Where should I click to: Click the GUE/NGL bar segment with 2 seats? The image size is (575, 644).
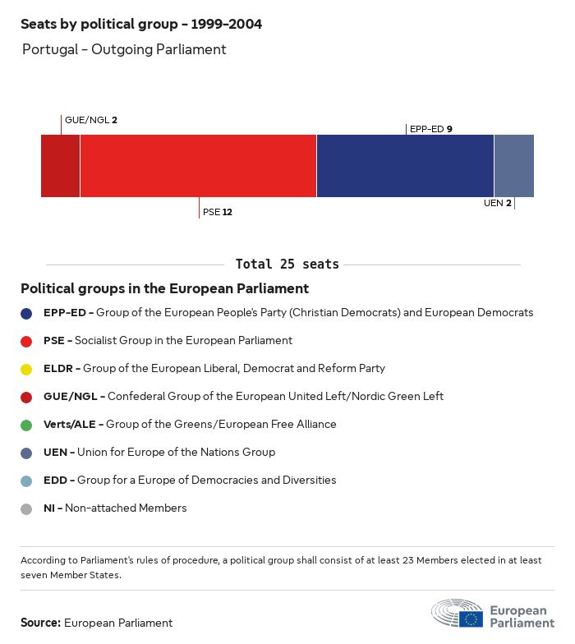[60, 166]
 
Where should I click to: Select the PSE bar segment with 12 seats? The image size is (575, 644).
[198, 166]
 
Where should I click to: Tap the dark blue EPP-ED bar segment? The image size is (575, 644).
[405, 166]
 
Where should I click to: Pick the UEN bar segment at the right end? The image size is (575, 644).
[513, 166]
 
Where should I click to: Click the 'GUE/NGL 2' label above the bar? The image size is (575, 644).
[90, 120]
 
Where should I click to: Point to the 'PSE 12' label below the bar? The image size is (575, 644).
[218, 212]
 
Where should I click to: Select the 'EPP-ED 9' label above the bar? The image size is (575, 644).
[430, 129]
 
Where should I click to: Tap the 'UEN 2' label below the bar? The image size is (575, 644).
[498, 203]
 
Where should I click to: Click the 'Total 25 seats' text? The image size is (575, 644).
[287, 264]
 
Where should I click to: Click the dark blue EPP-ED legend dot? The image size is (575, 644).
[26, 313]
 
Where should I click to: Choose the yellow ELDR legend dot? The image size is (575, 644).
[26, 369]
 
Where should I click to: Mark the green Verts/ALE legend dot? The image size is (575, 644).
[26, 425]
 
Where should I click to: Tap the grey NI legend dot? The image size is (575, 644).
[26, 508]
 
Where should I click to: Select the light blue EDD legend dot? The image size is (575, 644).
[26, 481]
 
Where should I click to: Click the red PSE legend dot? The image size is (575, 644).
[26, 341]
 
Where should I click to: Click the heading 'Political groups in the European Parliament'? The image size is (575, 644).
[164, 288]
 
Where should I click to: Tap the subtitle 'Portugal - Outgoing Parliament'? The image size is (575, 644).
[124, 49]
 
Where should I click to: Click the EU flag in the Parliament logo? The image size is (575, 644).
[471, 619]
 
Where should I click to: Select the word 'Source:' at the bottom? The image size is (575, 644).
[40, 623]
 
